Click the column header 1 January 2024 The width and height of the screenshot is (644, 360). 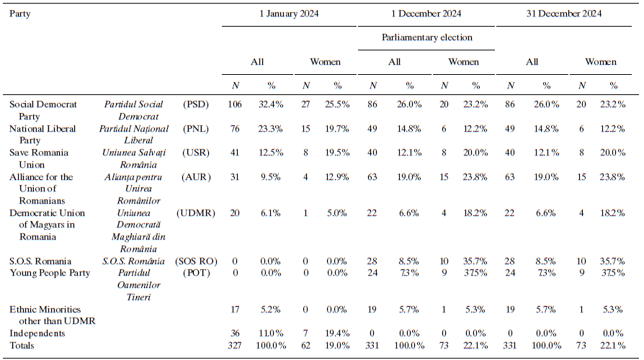pos(290,14)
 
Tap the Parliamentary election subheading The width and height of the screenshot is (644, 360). pos(427,37)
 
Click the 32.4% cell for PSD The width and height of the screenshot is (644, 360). pos(269,104)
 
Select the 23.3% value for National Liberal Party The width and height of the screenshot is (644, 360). pos(269,129)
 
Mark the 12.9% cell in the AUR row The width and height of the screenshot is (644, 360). pos(338,177)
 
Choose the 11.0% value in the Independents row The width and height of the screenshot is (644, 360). pos(269,333)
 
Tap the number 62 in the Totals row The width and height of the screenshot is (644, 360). pos(304,346)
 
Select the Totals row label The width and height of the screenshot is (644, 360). pos(22,346)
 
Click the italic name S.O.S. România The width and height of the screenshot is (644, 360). pos(134,261)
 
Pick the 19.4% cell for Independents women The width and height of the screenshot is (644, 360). pos(338,333)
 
